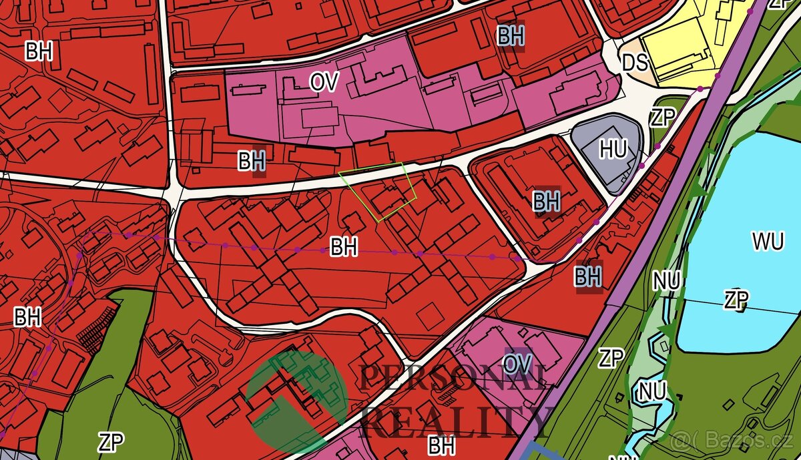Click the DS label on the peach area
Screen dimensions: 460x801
click(x=635, y=63)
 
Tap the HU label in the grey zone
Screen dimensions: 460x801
click(x=612, y=150)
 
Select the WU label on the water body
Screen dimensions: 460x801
click(x=768, y=242)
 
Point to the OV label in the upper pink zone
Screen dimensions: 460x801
click(x=324, y=82)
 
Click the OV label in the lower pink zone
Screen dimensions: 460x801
click(x=518, y=364)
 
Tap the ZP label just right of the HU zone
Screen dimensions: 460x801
click(x=663, y=118)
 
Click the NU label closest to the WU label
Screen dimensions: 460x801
click(x=667, y=281)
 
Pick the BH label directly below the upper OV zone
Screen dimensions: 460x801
click(x=252, y=161)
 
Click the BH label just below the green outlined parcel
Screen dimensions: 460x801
click(x=344, y=247)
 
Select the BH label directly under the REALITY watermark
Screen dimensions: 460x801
click(x=442, y=444)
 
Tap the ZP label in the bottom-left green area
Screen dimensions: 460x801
click(x=111, y=442)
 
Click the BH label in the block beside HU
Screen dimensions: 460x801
click(x=546, y=201)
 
